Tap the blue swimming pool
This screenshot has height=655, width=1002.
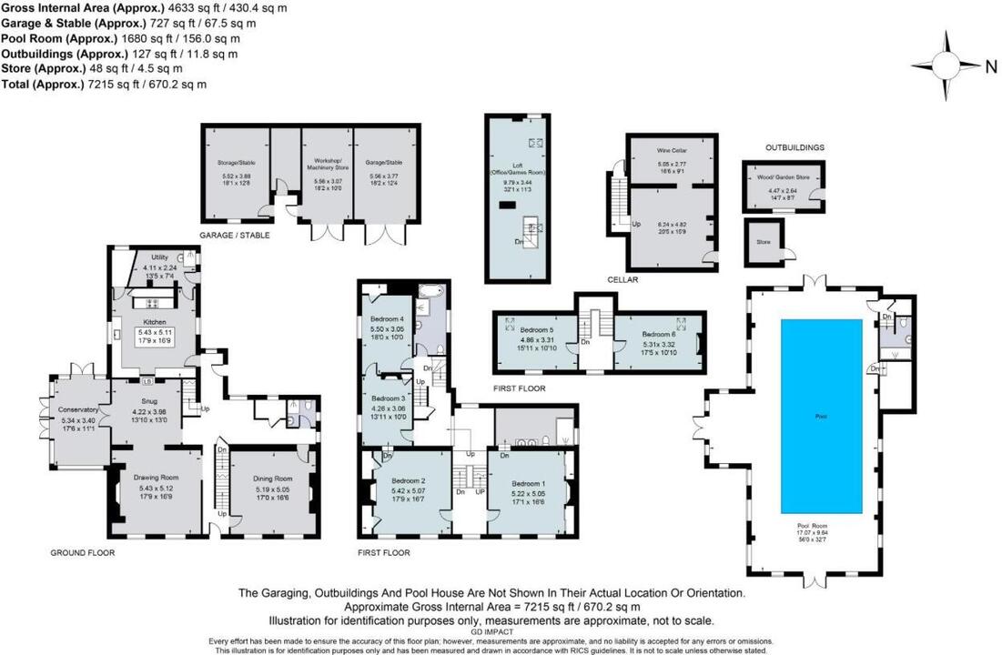pyautogui.click(x=821, y=416)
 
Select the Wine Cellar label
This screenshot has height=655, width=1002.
pyautogui.click(x=672, y=150)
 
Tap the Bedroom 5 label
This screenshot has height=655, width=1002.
pyautogui.click(x=538, y=329)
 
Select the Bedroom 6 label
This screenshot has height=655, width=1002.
pyautogui.click(x=657, y=334)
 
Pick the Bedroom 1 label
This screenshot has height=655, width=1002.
pyautogui.click(x=529, y=483)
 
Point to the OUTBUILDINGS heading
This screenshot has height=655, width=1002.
pyautogui.click(x=795, y=146)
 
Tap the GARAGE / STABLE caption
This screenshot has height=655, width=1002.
pyautogui.click(x=235, y=235)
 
